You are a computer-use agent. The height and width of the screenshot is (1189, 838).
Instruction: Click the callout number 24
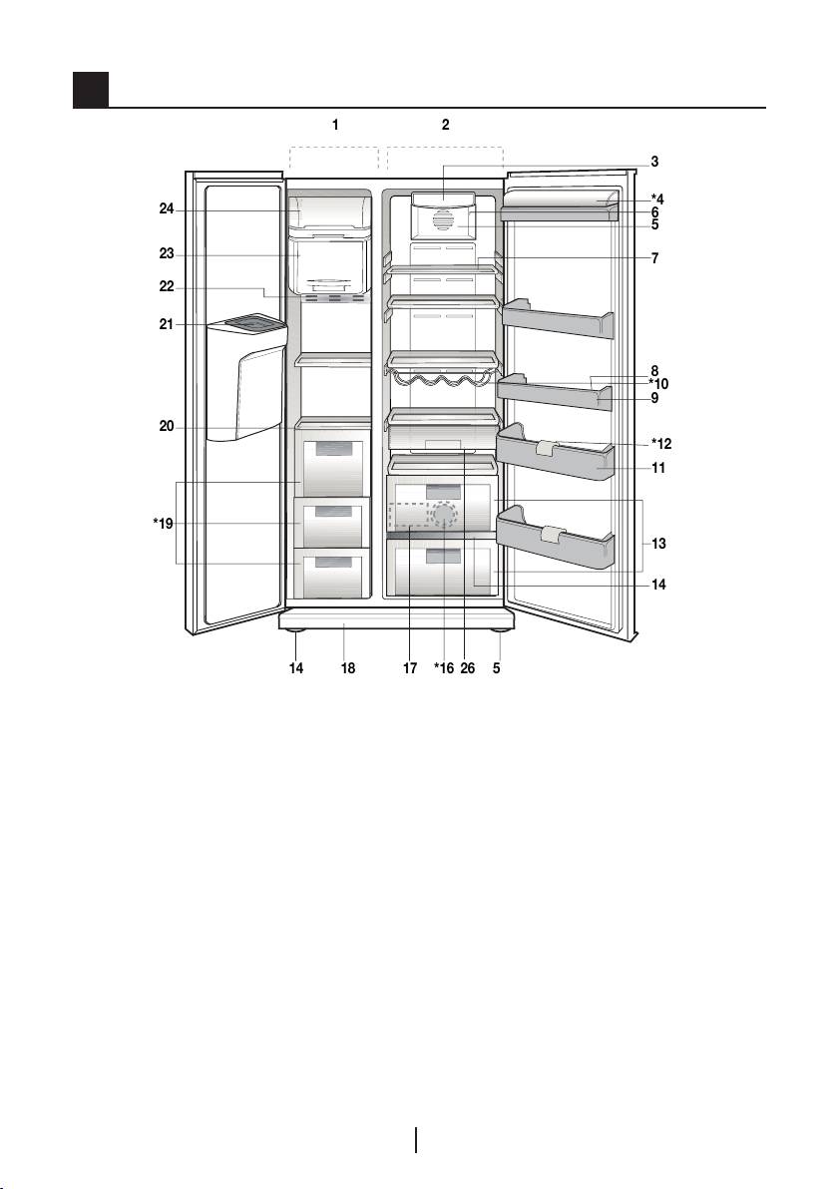click(x=167, y=209)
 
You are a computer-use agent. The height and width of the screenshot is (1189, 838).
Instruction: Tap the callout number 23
click(x=167, y=253)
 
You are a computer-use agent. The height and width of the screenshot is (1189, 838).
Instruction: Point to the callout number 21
click(x=167, y=323)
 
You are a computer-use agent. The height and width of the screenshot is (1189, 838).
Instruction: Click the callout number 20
click(x=167, y=426)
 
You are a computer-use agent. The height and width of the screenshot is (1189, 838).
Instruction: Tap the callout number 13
click(x=658, y=545)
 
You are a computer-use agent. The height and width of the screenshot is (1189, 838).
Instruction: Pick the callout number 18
click(x=347, y=669)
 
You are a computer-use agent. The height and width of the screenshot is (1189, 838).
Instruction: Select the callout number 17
click(x=410, y=669)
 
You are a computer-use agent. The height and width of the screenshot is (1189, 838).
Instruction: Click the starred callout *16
click(x=444, y=669)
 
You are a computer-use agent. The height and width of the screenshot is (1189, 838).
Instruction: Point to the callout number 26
click(x=468, y=669)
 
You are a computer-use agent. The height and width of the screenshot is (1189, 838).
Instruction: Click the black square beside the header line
click(x=90, y=90)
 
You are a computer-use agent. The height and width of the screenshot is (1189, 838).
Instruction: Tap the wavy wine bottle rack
click(x=440, y=380)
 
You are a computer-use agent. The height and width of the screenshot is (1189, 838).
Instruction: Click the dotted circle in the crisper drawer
click(x=442, y=515)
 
